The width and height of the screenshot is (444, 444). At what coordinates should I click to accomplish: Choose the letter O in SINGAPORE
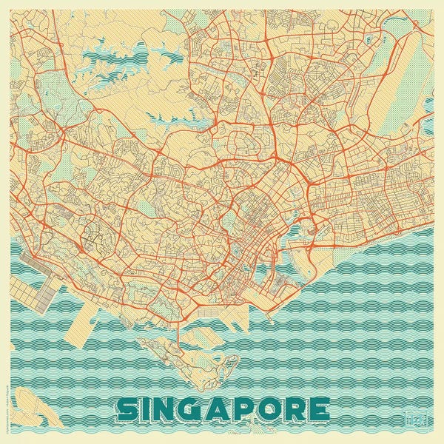click(272, 409)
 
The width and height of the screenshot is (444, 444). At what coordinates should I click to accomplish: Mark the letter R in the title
click(297, 409)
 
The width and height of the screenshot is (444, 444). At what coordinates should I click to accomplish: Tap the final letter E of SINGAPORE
click(320, 409)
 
